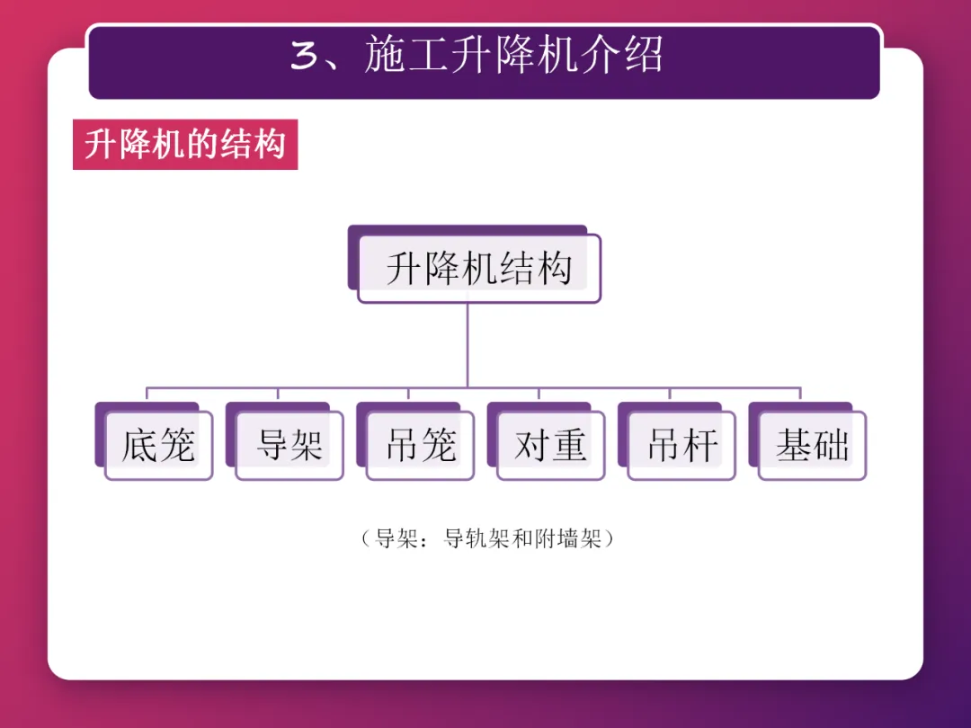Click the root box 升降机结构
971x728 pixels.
478,269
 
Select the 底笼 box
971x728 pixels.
158,445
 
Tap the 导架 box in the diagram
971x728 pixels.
289,445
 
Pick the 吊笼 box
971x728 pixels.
420,445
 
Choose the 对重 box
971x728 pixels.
550,445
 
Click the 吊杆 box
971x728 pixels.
681,445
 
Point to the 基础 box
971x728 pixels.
812,445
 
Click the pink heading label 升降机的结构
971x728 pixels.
185,145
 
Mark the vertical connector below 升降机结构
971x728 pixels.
468,346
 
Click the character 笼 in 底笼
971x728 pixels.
176,445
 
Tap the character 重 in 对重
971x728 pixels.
569,445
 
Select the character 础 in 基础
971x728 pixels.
831,445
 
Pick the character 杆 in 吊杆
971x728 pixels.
700,445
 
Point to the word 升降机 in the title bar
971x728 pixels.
514,57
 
